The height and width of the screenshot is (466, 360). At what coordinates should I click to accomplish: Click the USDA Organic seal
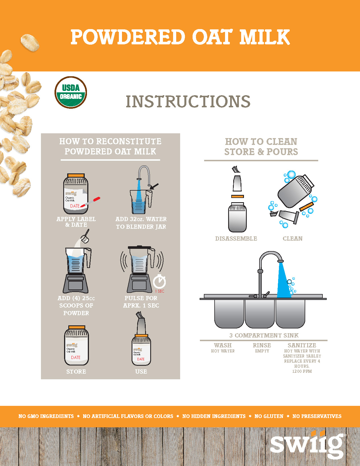pyautogui.click(x=71, y=92)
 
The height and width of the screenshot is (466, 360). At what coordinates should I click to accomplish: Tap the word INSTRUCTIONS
pyautogui.click(x=188, y=102)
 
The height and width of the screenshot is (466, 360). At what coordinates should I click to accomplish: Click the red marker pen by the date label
pyautogui.click(x=91, y=202)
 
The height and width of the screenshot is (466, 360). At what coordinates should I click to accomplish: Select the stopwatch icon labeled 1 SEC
pyautogui.click(x=160, y=282)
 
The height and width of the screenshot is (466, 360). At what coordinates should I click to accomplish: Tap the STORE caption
pyautogui.click(x=76, y=372)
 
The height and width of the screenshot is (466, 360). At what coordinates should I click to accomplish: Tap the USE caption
pyautogui.click(x=141, y=372)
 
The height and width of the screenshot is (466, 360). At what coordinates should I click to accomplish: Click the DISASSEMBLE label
pyautogui.click(x=236, y=239)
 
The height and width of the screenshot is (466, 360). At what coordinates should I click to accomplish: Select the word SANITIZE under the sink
pyautogui.click(x=302, y=345)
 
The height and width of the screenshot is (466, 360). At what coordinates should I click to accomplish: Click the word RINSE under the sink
pyautogui.click(x=262, y=345)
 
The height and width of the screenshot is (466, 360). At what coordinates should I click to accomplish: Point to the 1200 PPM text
pyautogui.click(x=302, y=371)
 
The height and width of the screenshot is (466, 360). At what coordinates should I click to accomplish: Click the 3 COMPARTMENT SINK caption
pyautogui.click(x=264, y=336)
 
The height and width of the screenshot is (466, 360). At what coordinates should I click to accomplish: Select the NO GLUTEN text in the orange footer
pyautogui.click(x=269, y=416)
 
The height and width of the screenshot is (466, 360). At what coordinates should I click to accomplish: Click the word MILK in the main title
pyautogui.click(x=265, y=37)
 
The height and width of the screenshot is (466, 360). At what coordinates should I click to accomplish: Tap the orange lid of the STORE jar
pyautogui.click(x=77, y=327)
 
